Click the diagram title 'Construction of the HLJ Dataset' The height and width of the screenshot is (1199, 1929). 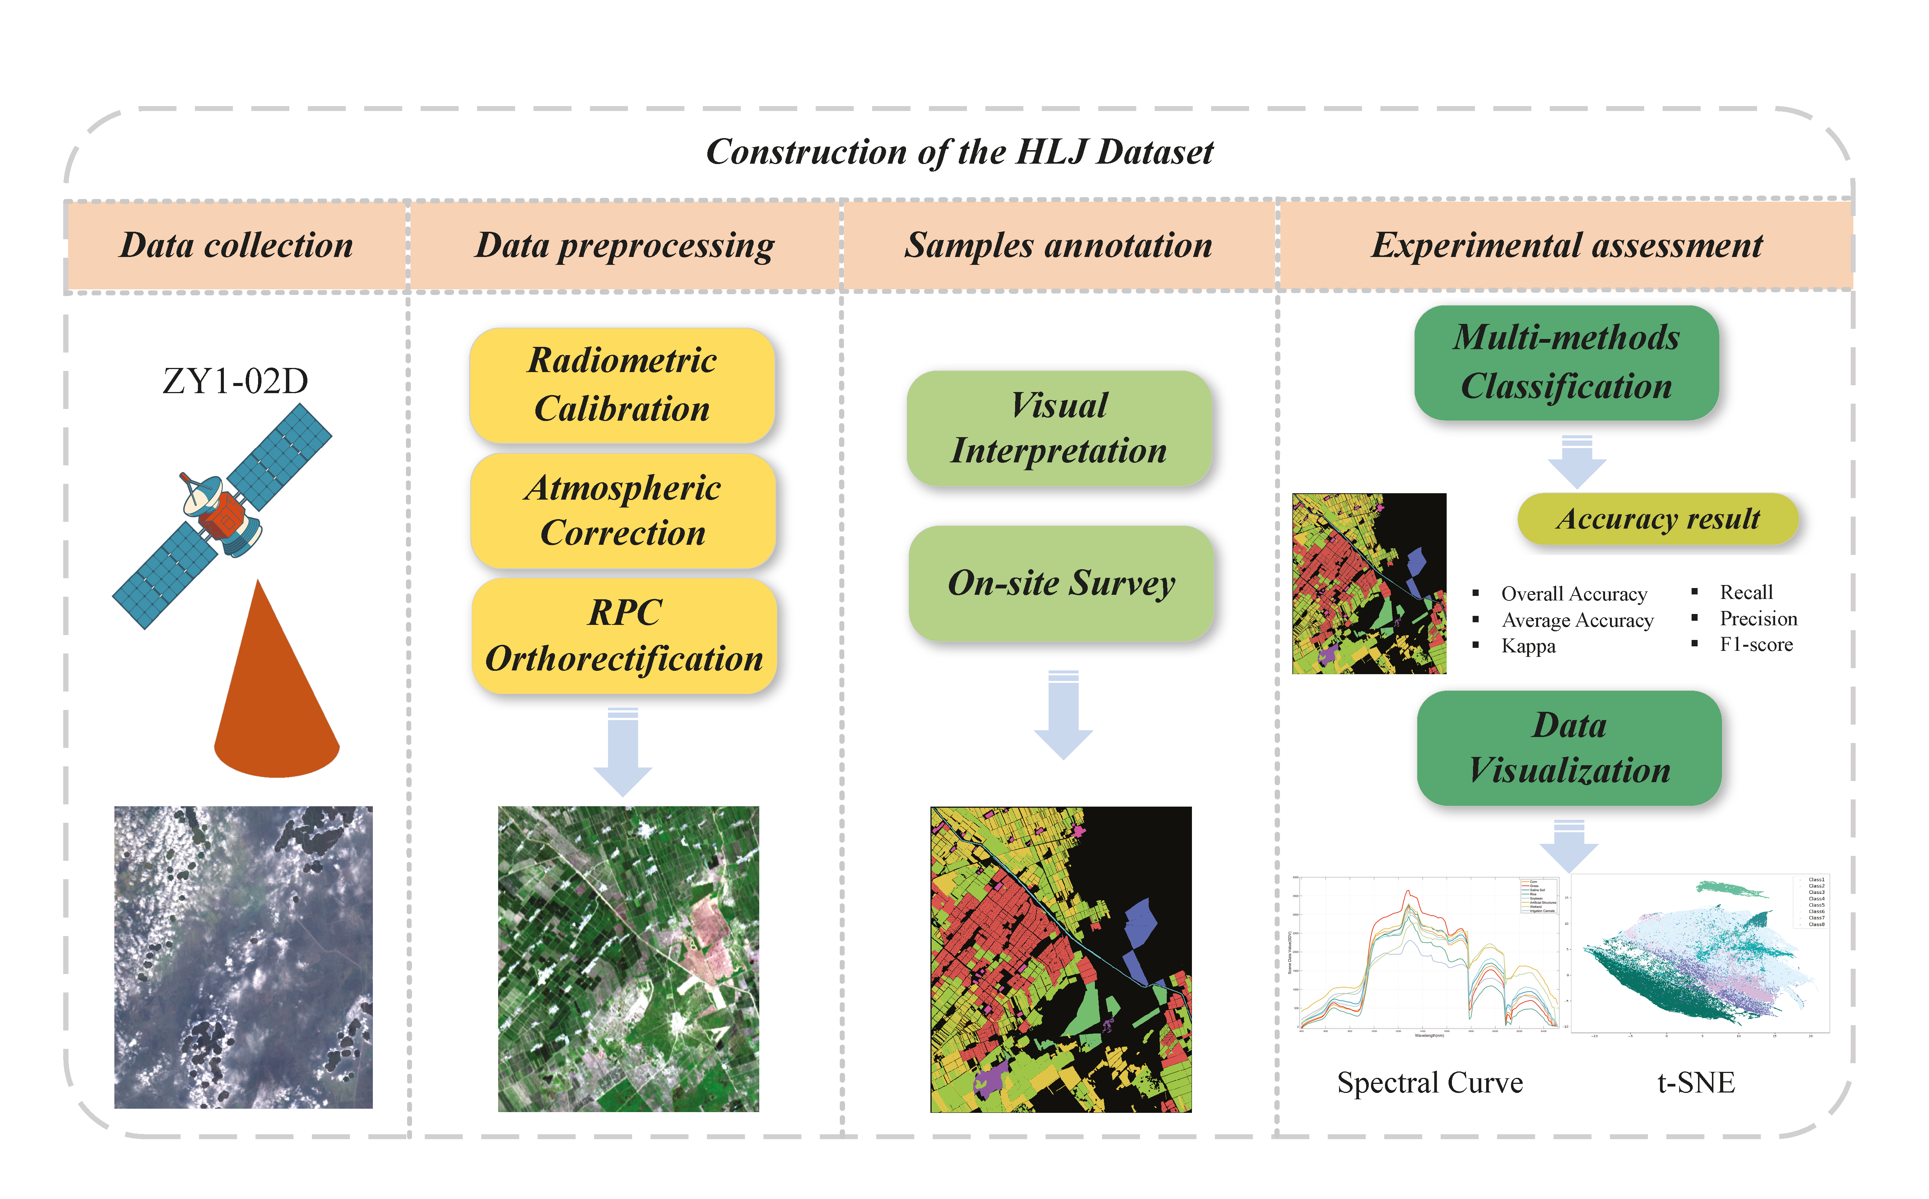[x=959, y=152]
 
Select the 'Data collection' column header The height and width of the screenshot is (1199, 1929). [x=236, y=245]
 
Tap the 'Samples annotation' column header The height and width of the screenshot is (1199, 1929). [x=1058, y=245]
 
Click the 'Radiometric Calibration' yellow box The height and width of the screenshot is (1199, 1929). [x=622, y=384]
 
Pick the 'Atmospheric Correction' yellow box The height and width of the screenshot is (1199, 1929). [x=622, y=510]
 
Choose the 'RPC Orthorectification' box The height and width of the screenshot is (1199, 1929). [x=624, y=635]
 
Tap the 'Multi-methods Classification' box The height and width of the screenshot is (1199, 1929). [x=1566, y=362]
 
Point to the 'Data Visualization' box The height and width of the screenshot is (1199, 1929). [x=1569, y=748]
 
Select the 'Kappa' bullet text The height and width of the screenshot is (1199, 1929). [x=1528, y=646]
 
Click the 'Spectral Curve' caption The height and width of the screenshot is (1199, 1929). [x=1429, y=1082]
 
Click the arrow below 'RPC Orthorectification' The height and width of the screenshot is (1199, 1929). [x=623, y=753]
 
